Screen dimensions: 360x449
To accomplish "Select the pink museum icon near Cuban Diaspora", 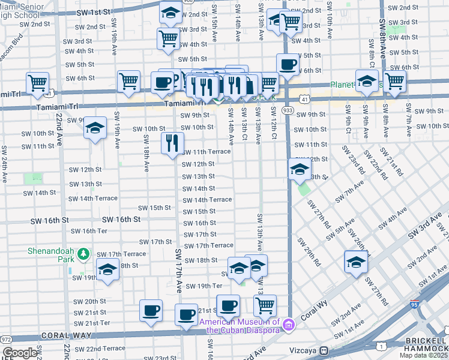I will point(288,325).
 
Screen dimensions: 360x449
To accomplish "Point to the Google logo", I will point(19,353).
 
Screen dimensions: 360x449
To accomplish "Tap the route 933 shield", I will point(288,111).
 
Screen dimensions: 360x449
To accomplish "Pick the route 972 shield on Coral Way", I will point(6,340).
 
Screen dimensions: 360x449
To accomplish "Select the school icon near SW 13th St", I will point(299,169).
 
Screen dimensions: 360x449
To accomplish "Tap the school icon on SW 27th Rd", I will point(356,262).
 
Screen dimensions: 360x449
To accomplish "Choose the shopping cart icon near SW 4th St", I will point(169,38).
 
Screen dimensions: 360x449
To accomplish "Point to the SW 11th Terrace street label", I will point(206,152).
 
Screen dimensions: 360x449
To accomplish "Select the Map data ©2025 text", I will point(424,355).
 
